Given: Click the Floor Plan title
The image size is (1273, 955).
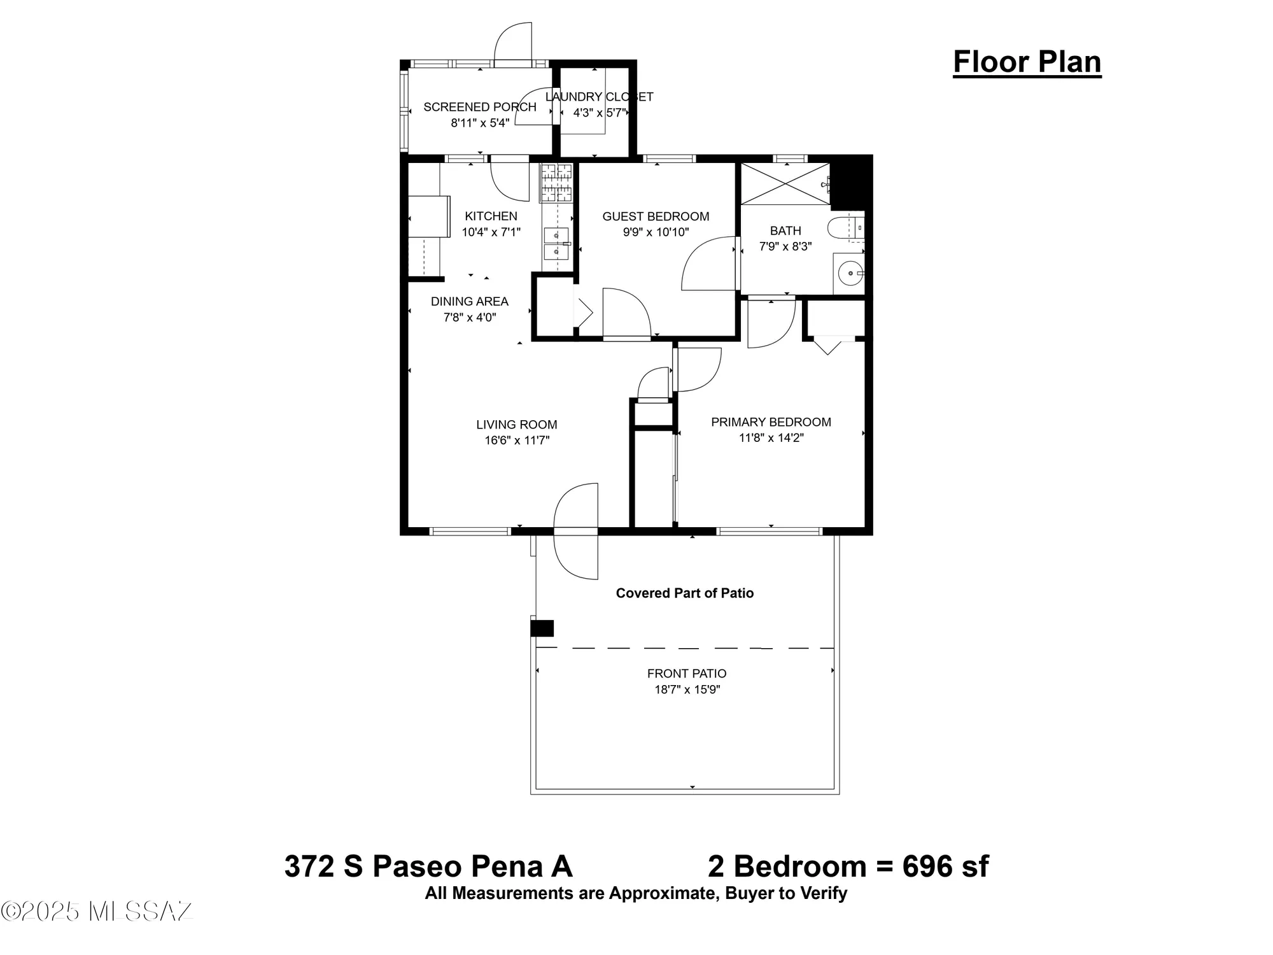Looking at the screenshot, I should pyautogui.click(x=1027, y=62).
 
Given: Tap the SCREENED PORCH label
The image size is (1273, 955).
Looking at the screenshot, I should pyautogui.click(x=480, y=107).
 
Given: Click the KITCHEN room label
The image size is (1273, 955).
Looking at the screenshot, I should pyautogui.click(x=491, y=216).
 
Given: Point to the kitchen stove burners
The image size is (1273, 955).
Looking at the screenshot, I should pyautogui.click(x=556, y=182).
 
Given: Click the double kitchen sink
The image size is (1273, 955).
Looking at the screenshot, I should pyautogui.click(x=556, y=244).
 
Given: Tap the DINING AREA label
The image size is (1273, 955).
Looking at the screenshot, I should pyautogui.click(x=469, y=301).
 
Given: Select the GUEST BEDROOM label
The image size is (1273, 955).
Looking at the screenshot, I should pyautogui.click(x=656, y=216).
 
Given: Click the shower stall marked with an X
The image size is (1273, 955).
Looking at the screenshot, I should pyautogui.click(x=785, y=184).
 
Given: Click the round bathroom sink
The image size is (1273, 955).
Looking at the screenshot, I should pyautogui.click(x=849, y=274).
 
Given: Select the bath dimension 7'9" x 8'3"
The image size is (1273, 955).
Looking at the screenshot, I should pyautogui.click(x=785, y=246).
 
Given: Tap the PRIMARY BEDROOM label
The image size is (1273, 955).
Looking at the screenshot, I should pyautogui.click(x=771, y=422).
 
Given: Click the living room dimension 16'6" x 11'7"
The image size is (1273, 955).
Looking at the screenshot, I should pyautogui.click(x=516, y=440).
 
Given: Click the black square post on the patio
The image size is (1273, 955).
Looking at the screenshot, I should pyautogui.click(x=542, y=628).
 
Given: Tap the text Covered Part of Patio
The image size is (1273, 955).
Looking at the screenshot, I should pyautogui.click(x=684, y=593).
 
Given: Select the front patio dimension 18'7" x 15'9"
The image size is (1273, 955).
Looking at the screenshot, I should pyautogui.click(x=687, y=690).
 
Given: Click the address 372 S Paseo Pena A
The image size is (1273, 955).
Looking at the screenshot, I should pyautogui.click(x=428, y=867).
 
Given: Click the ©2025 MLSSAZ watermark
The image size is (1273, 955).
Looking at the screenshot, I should pyautogui.click(x=97, y=911).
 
